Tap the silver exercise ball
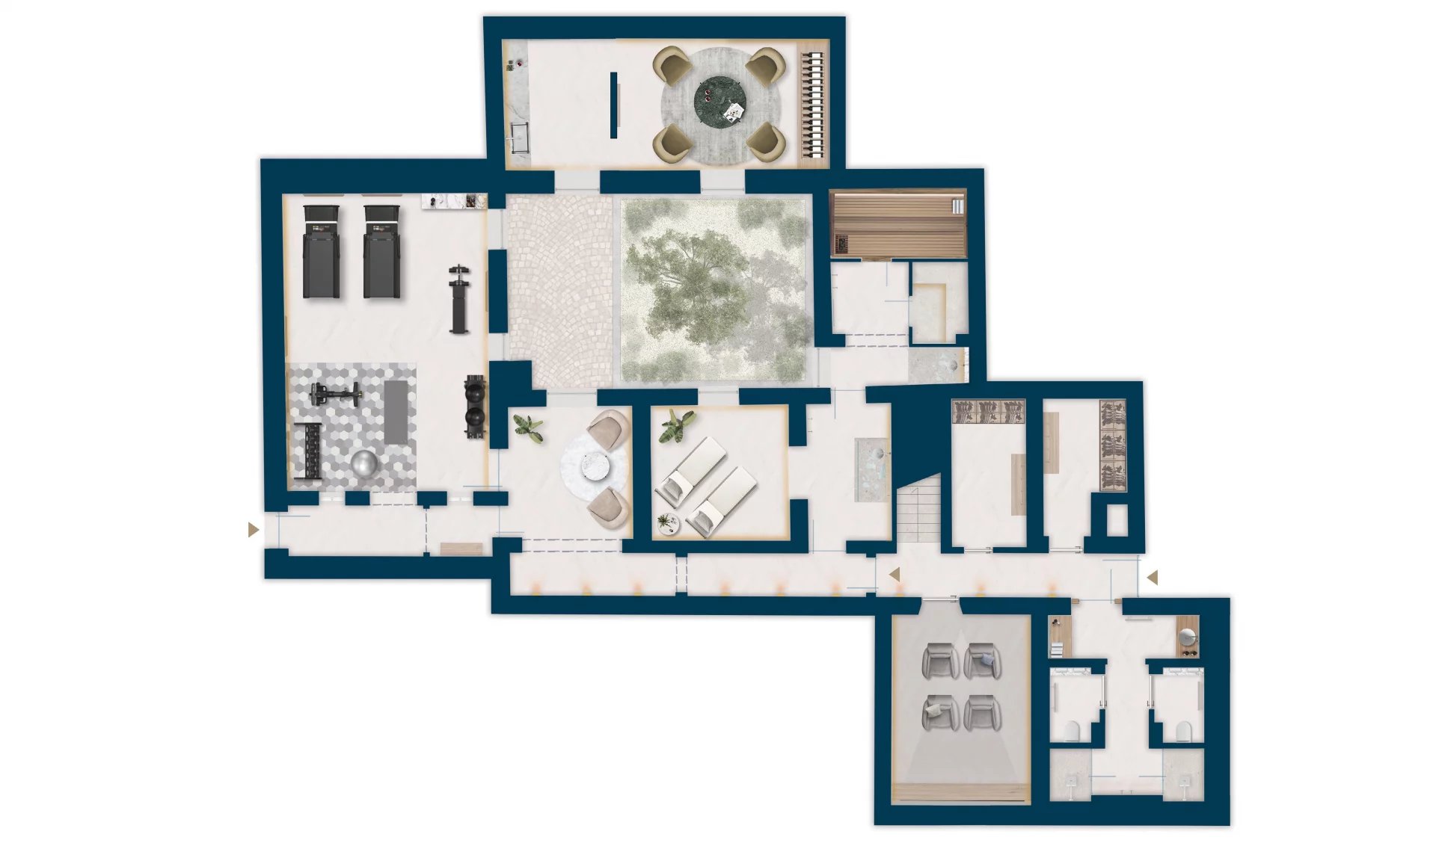(x=365, y=463)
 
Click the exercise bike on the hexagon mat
(x=334, y=394)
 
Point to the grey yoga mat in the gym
(x=396, y=411)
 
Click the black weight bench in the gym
(x=458, y=299)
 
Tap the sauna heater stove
(x=841, y=244)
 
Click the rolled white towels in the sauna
(x=957, y=206)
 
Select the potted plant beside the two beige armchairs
(x=529, y=428)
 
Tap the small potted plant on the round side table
(x=668, y=523)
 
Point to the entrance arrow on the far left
(x=254, y=530)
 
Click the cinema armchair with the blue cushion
(x=983, y=661)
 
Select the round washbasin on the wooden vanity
(x=1187, y=636)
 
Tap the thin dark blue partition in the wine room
(x=613, y=105)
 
